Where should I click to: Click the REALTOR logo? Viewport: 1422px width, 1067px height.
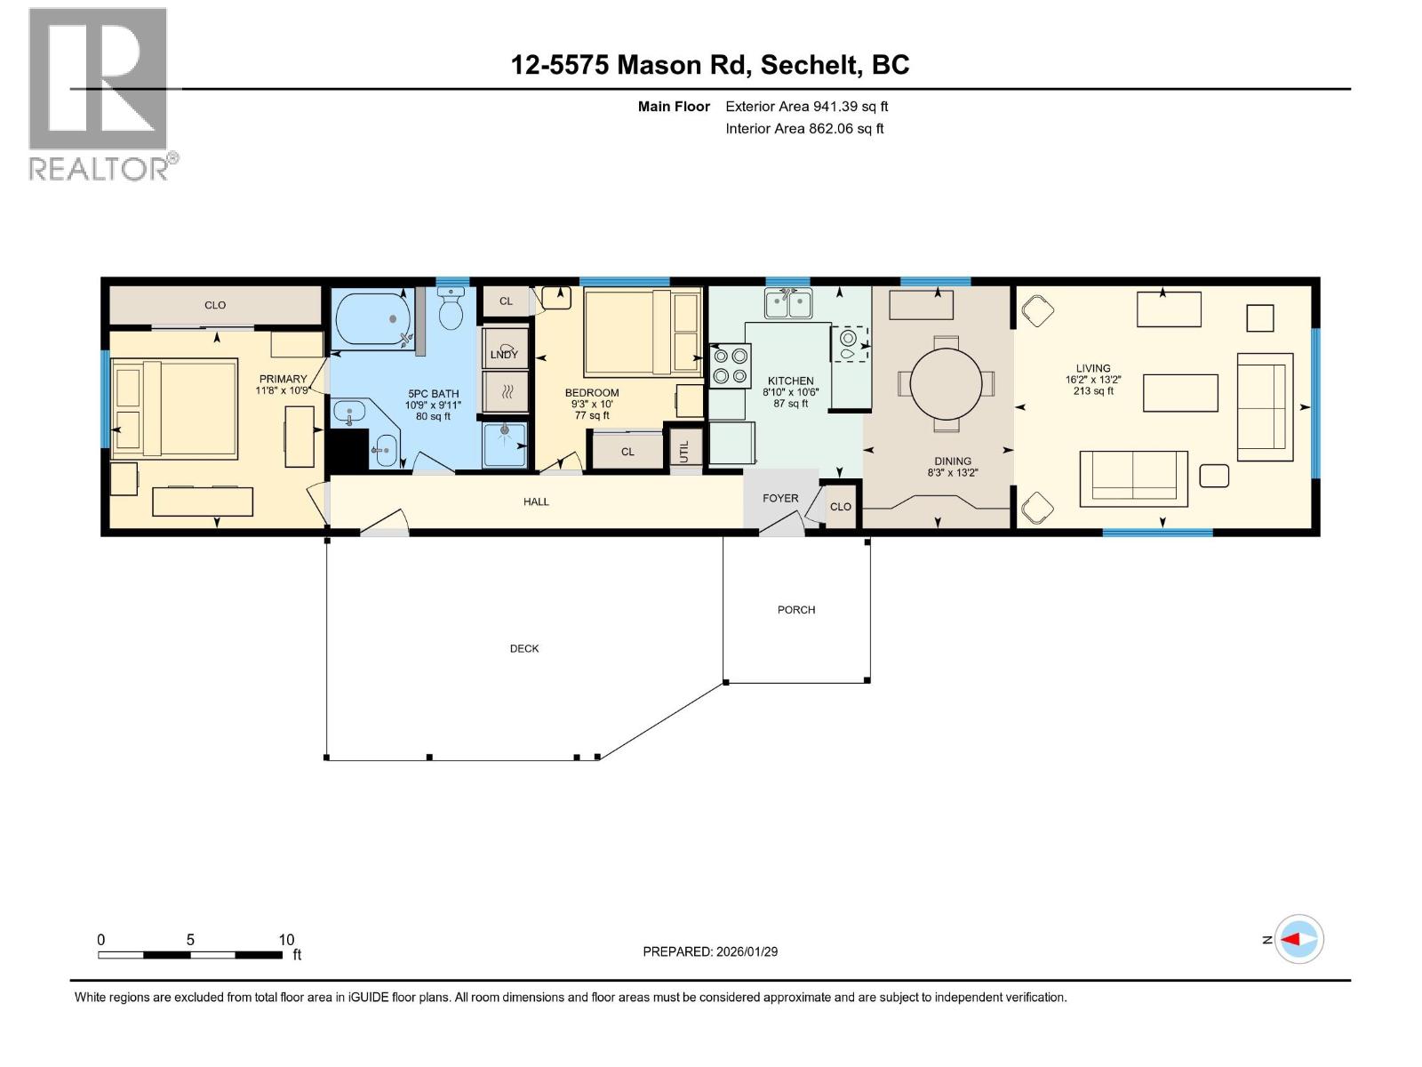pos(100,93)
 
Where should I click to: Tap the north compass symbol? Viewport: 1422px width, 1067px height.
pos(1298,939)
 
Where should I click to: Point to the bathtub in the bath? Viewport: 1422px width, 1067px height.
pos(371,318)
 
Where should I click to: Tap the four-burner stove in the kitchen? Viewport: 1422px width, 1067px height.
pos(730,367)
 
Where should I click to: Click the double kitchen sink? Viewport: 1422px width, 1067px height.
pos(788,304)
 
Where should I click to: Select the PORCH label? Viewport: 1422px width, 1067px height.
pos(795,610)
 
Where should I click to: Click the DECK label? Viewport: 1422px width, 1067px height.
pos(524,648)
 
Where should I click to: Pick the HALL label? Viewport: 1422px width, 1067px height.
pos(536,501)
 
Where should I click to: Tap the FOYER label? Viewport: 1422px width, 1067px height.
pos(780,498)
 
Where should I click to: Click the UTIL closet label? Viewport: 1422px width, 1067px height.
pos(684,452)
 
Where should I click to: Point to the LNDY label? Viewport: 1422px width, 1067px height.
pos(504,354)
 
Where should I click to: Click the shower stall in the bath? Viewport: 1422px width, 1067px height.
pos(505,445)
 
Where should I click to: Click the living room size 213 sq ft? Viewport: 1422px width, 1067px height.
pos(1093,390)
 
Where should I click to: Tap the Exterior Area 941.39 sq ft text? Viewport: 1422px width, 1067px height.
pos(806,106)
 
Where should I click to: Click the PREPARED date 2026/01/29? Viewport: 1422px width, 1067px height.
pos(710,951)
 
